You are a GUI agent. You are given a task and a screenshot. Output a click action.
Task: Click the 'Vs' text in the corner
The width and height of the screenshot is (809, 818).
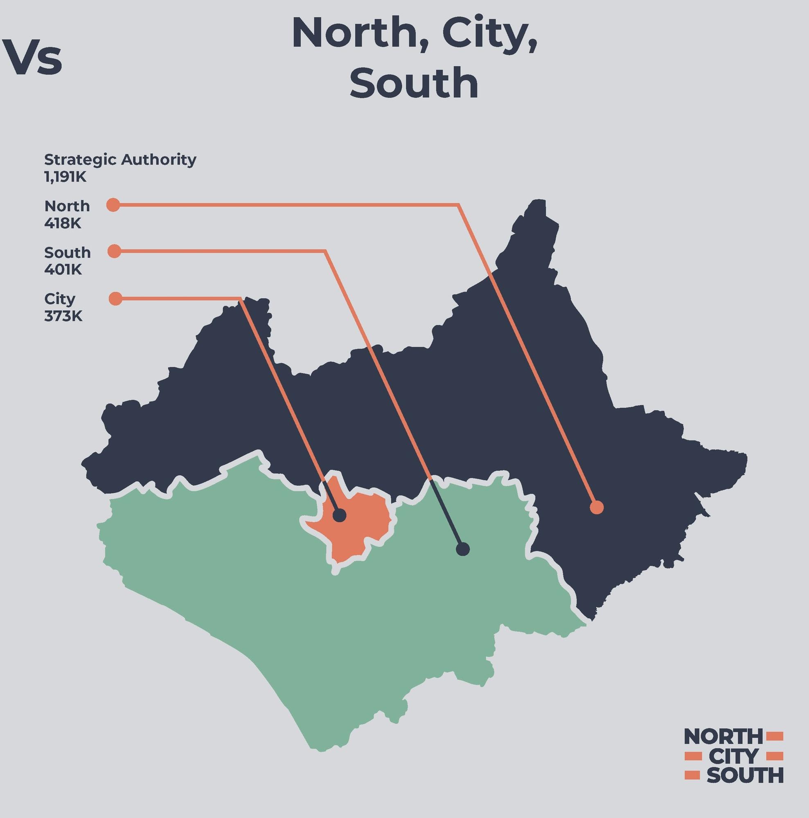point(33,58)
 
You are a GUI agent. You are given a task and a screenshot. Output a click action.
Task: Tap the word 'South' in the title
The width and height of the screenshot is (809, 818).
point(414,83)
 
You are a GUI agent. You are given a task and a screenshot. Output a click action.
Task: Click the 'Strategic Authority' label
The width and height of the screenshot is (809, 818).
point(120,160)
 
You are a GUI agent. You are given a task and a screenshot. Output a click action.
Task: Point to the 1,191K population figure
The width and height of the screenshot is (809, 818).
point(65,177)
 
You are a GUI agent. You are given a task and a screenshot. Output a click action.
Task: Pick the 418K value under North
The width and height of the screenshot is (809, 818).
point(63,223)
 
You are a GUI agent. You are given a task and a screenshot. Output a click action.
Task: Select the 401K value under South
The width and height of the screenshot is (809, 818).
point(63,270)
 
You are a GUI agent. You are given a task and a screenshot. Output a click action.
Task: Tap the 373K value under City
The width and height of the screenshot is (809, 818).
point(63,316)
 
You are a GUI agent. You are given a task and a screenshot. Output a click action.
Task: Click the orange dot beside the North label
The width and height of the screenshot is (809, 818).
point(113,205)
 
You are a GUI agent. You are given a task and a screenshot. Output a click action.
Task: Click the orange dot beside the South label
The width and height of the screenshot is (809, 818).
point(114,251)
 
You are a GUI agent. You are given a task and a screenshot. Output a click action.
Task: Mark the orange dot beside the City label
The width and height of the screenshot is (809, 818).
point(115,299)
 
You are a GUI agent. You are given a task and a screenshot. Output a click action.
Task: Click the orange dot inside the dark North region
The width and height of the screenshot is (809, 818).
point(596,507)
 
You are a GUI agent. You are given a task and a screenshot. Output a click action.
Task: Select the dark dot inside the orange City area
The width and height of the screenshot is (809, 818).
point(339,516)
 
